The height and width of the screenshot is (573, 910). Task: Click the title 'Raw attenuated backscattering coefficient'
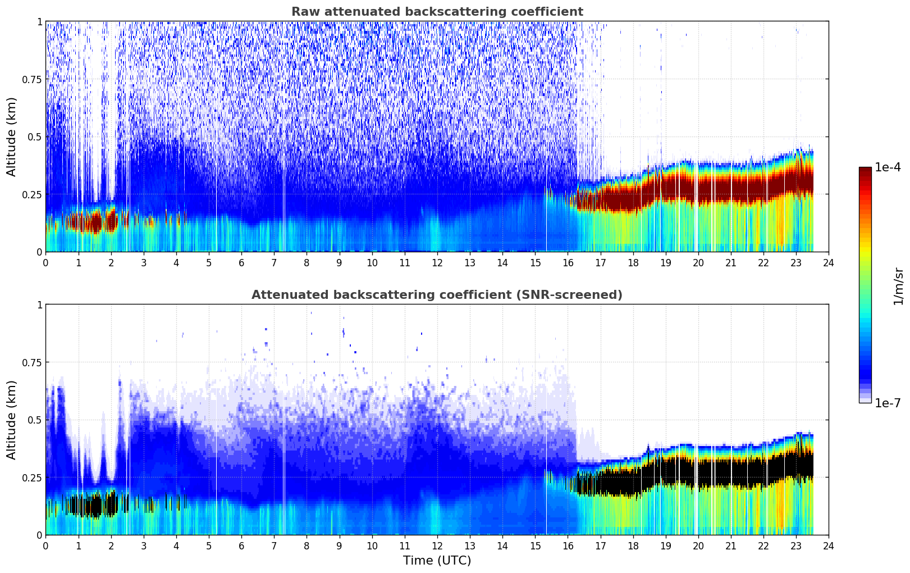pyautogui.click(x=437, y=12)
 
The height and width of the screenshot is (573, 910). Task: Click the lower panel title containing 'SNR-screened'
pyautogui.click(x=437, y=295)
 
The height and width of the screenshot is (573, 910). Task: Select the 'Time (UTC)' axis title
pyautogui.click(x=437, y=561)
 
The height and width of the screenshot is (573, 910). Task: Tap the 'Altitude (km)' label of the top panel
pyautogui.click(x=12, y=137)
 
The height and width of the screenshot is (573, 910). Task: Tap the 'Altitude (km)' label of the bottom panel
pyautogui.click(x=12, y=420)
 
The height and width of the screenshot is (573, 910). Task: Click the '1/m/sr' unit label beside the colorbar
pyautogui.click(x=898, y=286)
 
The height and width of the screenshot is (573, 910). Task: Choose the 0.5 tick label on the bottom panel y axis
pyautogui.click(x=35, y=420)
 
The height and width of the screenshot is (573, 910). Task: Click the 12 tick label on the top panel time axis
pyautogui.click(x=437, y=262)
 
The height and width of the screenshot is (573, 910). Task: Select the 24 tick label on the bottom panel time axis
pyautogui.click(x=829, y=545)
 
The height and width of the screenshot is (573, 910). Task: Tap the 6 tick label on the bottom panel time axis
pyautogui.click(x=241, y=545)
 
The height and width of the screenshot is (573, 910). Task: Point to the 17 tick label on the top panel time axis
pyautogui.click(x=600, y=262)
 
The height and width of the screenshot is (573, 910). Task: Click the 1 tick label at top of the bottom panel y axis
pyautogui.click(x=39, y=305)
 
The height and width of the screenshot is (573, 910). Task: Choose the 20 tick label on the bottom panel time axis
pyautogui.click(x=698, y=545)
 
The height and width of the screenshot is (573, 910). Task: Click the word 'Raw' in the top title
pyautogui.click(x=303, y=12)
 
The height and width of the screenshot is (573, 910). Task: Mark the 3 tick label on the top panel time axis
pyautogui.click(x=144, y=262)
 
